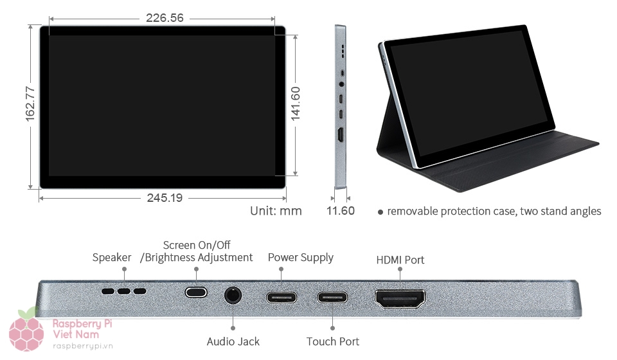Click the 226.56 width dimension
[x=165, y=18]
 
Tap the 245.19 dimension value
[x=165, y=198]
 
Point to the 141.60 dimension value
[x=296, y=104]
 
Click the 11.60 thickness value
[x=340, y=211]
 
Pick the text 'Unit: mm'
[x=276, y=211]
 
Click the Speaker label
[x=112, y=257]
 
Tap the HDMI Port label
[x=400, y=260]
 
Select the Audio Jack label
[x=233, y=341]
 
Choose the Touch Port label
[x=332, y=341]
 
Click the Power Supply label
[x=300, y=257]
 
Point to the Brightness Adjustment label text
[x=197, y=257]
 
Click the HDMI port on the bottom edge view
[x=400, y=298]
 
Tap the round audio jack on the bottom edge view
[x=233, y=296]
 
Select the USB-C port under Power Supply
[x=282, y=297]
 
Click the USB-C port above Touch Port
[x=332, y=297]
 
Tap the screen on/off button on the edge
[x=196, y=292]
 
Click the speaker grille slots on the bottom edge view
[x=123, y=291]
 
